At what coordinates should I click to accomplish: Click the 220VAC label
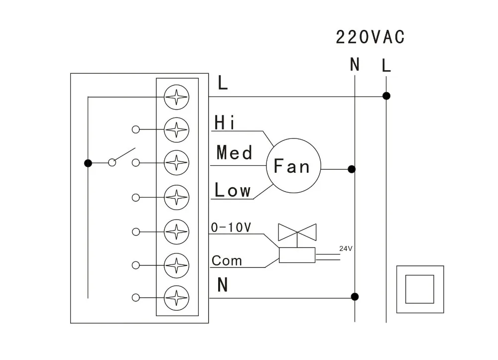pyautogui.click(x=370, y=37)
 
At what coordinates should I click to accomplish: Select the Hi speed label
pyautogui.click(x=225, y=122)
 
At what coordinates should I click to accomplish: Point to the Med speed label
pyautogui.click(x=235, y=152)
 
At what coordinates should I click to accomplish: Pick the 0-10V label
pyautogui.click(x=231, y=227)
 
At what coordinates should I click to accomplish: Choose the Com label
pyautogui.click(x=227, y=260)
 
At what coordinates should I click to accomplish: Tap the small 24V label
pyautogui.click(x=346, y=248)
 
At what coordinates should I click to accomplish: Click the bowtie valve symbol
pyautogui.click(x=297, y=232)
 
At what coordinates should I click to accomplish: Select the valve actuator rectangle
pyautogui.click(x=297, y=255)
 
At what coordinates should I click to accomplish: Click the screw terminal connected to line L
pyautogui.click(x=177, y=97)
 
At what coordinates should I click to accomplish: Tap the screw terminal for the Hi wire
pyautogui.click(x=177, y=130)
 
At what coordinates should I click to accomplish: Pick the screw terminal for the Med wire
pyautogui.click(x=177, y=162)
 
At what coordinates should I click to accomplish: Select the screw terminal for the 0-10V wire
pyautogui.click(x=177, y=232)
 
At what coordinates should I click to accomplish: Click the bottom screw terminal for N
pyautogui.click(x=177, y=298)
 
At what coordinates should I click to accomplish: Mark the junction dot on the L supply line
pyautogui.click(x=386, y=96)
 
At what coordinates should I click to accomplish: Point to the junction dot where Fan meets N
pyautogui.click(x=352, y=169)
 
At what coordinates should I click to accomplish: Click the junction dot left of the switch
pyautogui.click(x=88, y=163)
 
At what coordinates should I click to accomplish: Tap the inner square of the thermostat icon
pyautogui.click(x=420, y=289)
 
